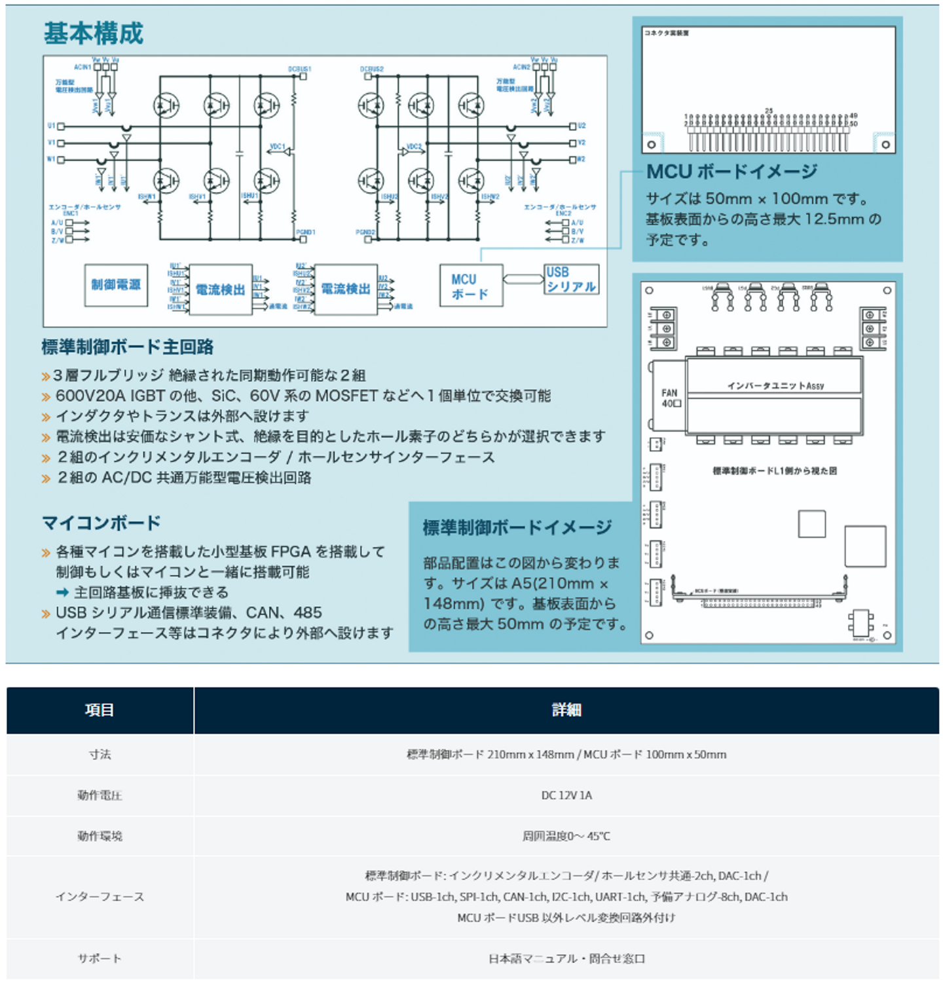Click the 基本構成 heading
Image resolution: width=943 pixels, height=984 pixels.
point(93,33)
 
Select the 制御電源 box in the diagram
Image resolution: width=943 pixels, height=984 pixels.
point(116,285)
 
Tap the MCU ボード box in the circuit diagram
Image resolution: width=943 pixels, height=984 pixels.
point(471,286)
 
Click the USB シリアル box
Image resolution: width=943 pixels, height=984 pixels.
point(571,280)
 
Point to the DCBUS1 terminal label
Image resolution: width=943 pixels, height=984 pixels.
point(299,69)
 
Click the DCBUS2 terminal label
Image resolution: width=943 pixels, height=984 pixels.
point(371,69)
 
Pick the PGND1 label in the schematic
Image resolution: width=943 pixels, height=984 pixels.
point(305,233)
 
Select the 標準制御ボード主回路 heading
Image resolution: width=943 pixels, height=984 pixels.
point(128,347)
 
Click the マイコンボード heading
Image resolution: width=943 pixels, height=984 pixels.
point(102,523)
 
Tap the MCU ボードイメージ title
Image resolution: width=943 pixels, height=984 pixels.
point(731,172)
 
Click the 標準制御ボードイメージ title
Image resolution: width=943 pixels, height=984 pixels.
point(517,527)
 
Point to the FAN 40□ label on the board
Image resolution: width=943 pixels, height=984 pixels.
point(671,398)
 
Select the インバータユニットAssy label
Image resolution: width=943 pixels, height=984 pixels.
point(775,386)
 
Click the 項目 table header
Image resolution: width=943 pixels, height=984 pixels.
point(100,710)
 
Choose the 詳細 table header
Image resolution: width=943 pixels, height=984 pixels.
point(566,710)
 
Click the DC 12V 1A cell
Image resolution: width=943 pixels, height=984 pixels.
point(566,795)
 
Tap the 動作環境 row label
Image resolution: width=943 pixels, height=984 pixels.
point(100,836)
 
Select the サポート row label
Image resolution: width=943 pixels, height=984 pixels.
point(100,958)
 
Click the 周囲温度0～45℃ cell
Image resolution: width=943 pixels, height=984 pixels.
point(566,836)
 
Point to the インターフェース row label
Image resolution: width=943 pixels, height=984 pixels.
point(100,897)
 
